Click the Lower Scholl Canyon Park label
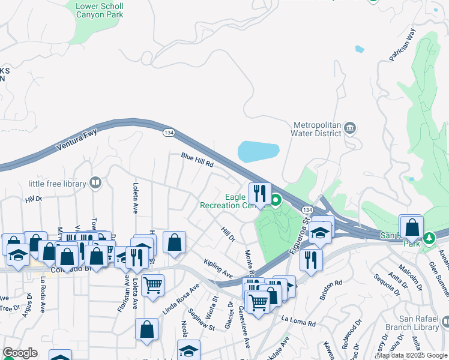pyautogui.click(x=100, y=11)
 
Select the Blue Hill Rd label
pyautogui.click(x=197, y=160)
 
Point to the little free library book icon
pyautogui.click(x=95, y=182)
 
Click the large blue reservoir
pyautogui.click(x=259, y=152)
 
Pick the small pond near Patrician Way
pyautogui.click(x=360, y=49)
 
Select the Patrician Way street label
pyautogui.click(x=402, y=46)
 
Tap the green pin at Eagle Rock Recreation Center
pyautogui.click(x=276, y=200)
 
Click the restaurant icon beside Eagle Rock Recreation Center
pyautogui.click(x=260, y=193)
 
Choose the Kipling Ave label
pyautogui.click(x=218, y=269)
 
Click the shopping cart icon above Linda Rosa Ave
pyautogui.click(x=153, y=284)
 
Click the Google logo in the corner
pyautogui.click(x=20, y=353)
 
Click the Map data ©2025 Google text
pyautogui.click(x=411, y=355)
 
